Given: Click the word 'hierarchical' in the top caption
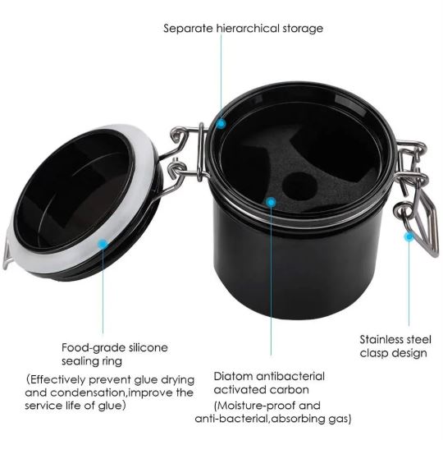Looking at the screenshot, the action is tap(249, 29).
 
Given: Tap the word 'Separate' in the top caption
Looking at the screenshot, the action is tap(188, 29).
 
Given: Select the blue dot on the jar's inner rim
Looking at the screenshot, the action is tap(221, 123).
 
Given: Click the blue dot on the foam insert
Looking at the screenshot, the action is tap(271, 202).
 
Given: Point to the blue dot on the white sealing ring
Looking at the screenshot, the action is tap(103, 244).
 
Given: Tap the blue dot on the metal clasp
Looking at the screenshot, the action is tap(409, 236).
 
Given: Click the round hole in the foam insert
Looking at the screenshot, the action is tap(299, 186).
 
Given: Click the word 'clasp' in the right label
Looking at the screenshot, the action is tap(374, 353).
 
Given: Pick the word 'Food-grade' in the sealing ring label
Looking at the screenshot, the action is tap(94, 348).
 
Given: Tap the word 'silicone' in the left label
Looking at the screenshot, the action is tap(148, 347).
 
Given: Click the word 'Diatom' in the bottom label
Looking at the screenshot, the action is tap(233, 376).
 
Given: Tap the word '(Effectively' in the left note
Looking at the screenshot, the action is tap(56, 380).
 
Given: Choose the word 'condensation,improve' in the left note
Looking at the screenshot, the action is tap(109, 392).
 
